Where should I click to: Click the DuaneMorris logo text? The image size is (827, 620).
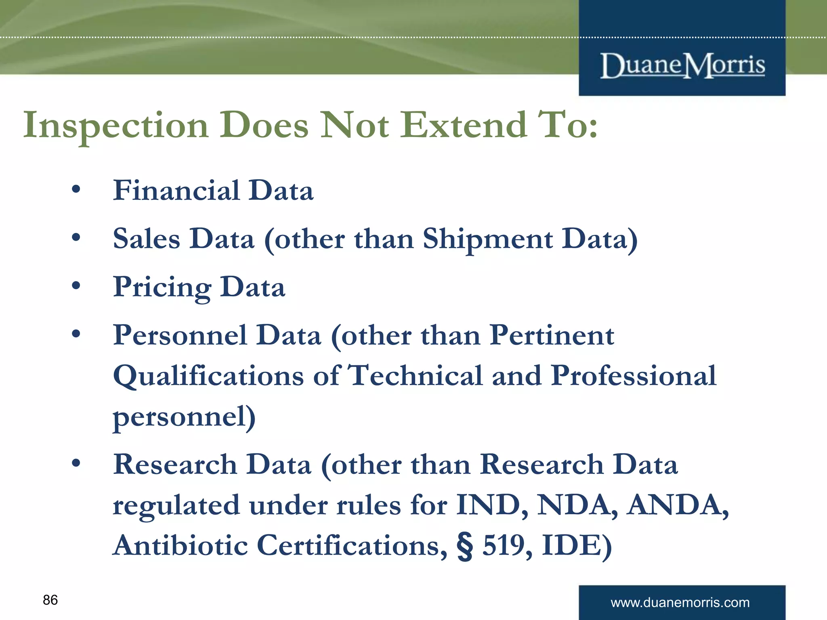(682, 65)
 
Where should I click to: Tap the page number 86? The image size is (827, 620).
(50, 600)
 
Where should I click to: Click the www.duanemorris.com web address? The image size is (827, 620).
(680, 602)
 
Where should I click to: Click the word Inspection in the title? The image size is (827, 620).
(116, 126)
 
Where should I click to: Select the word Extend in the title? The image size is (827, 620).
(464, 125)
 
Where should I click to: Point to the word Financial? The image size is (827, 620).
(176, 190)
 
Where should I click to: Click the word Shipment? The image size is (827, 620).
(487, 239)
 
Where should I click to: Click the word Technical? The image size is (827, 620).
(415, 375)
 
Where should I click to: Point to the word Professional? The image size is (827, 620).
(634, 375)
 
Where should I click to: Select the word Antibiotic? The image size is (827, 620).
(180, 545)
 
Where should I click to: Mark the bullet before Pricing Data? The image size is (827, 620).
(76, 286)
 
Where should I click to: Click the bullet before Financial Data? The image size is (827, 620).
(76, 189)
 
